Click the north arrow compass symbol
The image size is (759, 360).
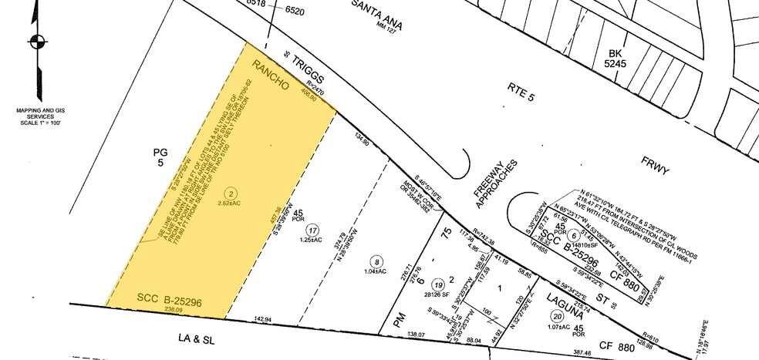coord(35,42)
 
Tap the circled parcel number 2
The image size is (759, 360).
coord(229,192)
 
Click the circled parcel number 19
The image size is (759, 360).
coord(439,283)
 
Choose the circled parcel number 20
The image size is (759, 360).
coord(557,315)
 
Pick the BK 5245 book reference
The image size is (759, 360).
coord(616,59)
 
